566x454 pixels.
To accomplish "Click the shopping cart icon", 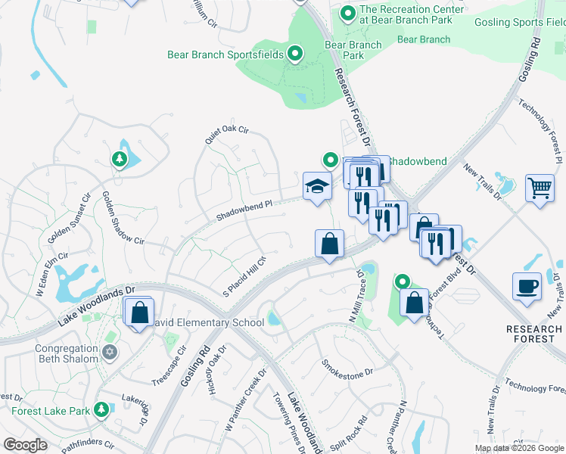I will pyautogui.click(x=540, y=187).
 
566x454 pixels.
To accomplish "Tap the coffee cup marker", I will pyautogui.click(x=527, y=287).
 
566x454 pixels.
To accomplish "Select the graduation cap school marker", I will pyautogui.click(x=316, y=185).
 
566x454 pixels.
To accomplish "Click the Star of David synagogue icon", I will pyautogui.click(x=110, y=353).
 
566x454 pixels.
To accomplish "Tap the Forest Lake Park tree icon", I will pyautogui.click(x=101, y=410).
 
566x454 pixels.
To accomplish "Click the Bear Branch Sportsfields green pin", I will pyautogui.click(x=295, y=54).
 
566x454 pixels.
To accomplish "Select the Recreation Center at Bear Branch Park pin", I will pyautogui.click(x=347, y=13).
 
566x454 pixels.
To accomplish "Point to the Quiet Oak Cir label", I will pyautogui.click(x=226, y=135).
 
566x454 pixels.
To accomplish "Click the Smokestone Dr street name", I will pyautogui.click(x=348, y=368).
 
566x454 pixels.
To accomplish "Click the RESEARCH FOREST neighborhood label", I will pyautogui.click(x=535, y=334).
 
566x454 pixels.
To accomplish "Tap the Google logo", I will pyautogui.click(x=25, y=445).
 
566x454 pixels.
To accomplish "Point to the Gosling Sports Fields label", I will pyautogui.click(x=520, y=22).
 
